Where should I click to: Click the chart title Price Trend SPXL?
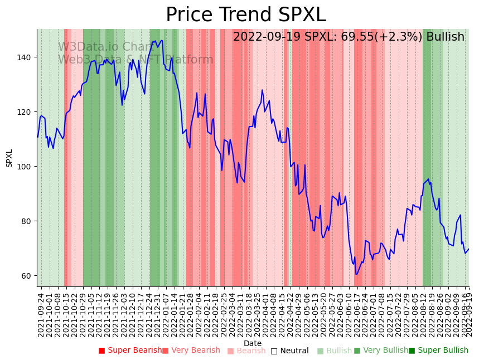(x=245, y=15)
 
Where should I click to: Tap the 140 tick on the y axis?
(x=27, y=57)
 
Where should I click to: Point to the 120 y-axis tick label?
(x=27, y=112)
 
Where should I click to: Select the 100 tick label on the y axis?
(x=27, y=167)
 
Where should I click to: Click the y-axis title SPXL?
(x=9, y=158)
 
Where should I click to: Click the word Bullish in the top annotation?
(x=445, y=37)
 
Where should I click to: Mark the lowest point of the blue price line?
(x=356, y=274)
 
